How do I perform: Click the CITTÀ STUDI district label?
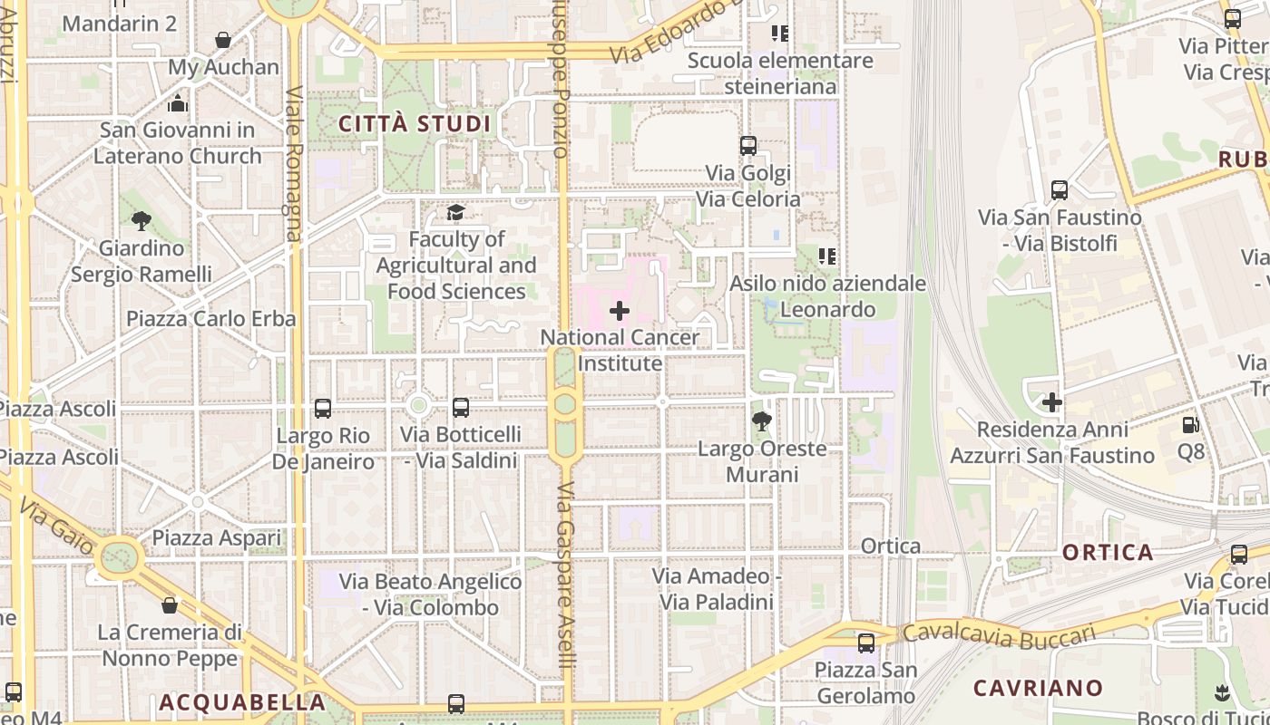pyautogui.click(x=414, y=124)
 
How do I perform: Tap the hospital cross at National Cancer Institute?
pyautogui.click(x=620, y=311)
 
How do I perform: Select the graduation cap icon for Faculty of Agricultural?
pyautogui.click(x=455, y=213)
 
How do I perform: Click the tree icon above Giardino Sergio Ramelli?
pyautogui.click(x=141, y=220)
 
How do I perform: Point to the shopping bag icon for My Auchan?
pyautogui.click(x=223, y=40)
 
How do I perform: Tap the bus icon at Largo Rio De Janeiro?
pyautogui.click(x=323, y=409)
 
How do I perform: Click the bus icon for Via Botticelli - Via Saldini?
pyautogui.click(x=461, y=408)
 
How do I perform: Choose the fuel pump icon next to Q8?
pyautogui.click(x=1190, y=424)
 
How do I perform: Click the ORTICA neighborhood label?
pyautogui.click(x=1108, y=552)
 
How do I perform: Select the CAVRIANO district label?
pyautogui.click(x=1038, y=688)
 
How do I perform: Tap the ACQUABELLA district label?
pyautogui.click(x=242, y=702)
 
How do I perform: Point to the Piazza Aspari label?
pyautogui.click(x=216, y=538)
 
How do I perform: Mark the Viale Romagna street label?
pyautogui.click(x=293, y=163)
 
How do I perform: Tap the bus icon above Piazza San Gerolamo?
pyautogui.click(x=866, y=643)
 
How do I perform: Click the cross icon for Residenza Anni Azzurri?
pyautogui.click(x=1052, y=401)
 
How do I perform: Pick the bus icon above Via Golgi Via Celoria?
pyautogui.click(x=748, y=146)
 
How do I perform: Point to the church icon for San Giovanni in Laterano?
pyautogui.click(x=178, y=103)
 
